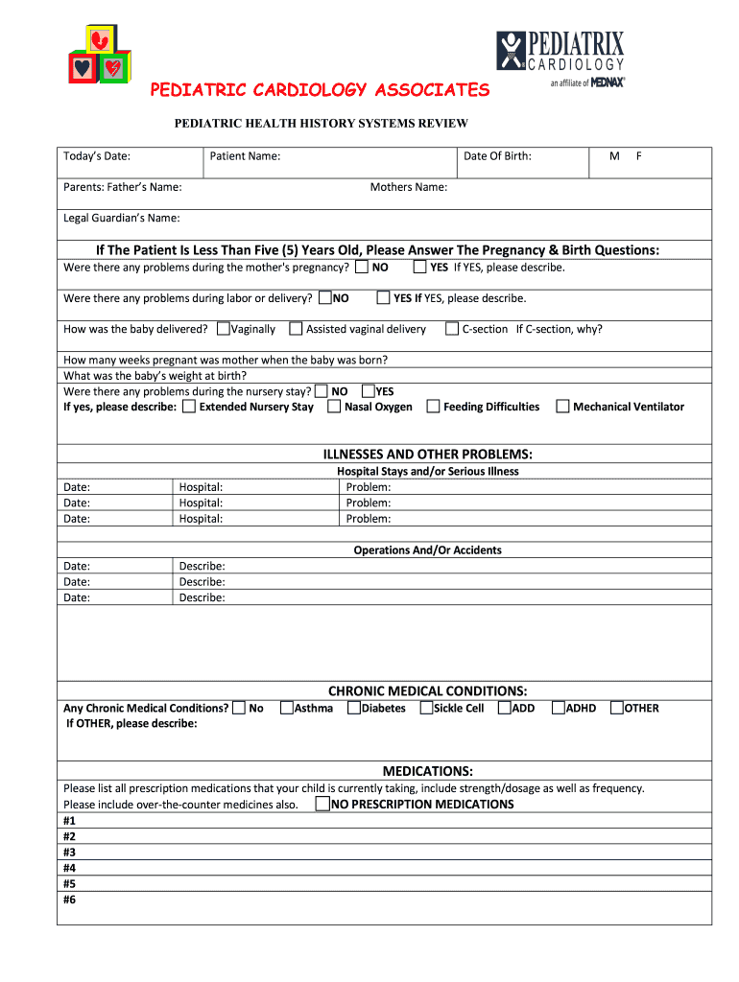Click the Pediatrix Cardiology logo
point(560,58)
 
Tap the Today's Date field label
point(97,156)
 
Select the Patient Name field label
point(245,156)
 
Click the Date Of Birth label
point(497,156)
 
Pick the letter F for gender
point(639,156)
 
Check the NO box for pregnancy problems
point(362,267)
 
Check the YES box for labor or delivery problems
point(383,298)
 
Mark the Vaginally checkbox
point(224,329)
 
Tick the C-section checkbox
point(452,329)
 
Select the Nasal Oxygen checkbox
point(334,407)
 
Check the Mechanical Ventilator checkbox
point(562,407)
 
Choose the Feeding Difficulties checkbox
point(433,407)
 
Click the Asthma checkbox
point(286,708)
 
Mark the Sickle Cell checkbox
point(426,708)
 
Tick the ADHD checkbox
point(558,708)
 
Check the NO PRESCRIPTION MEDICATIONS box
point(323,804)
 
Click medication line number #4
point(69,868)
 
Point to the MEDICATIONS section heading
point(428,771)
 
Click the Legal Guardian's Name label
point(121,218)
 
